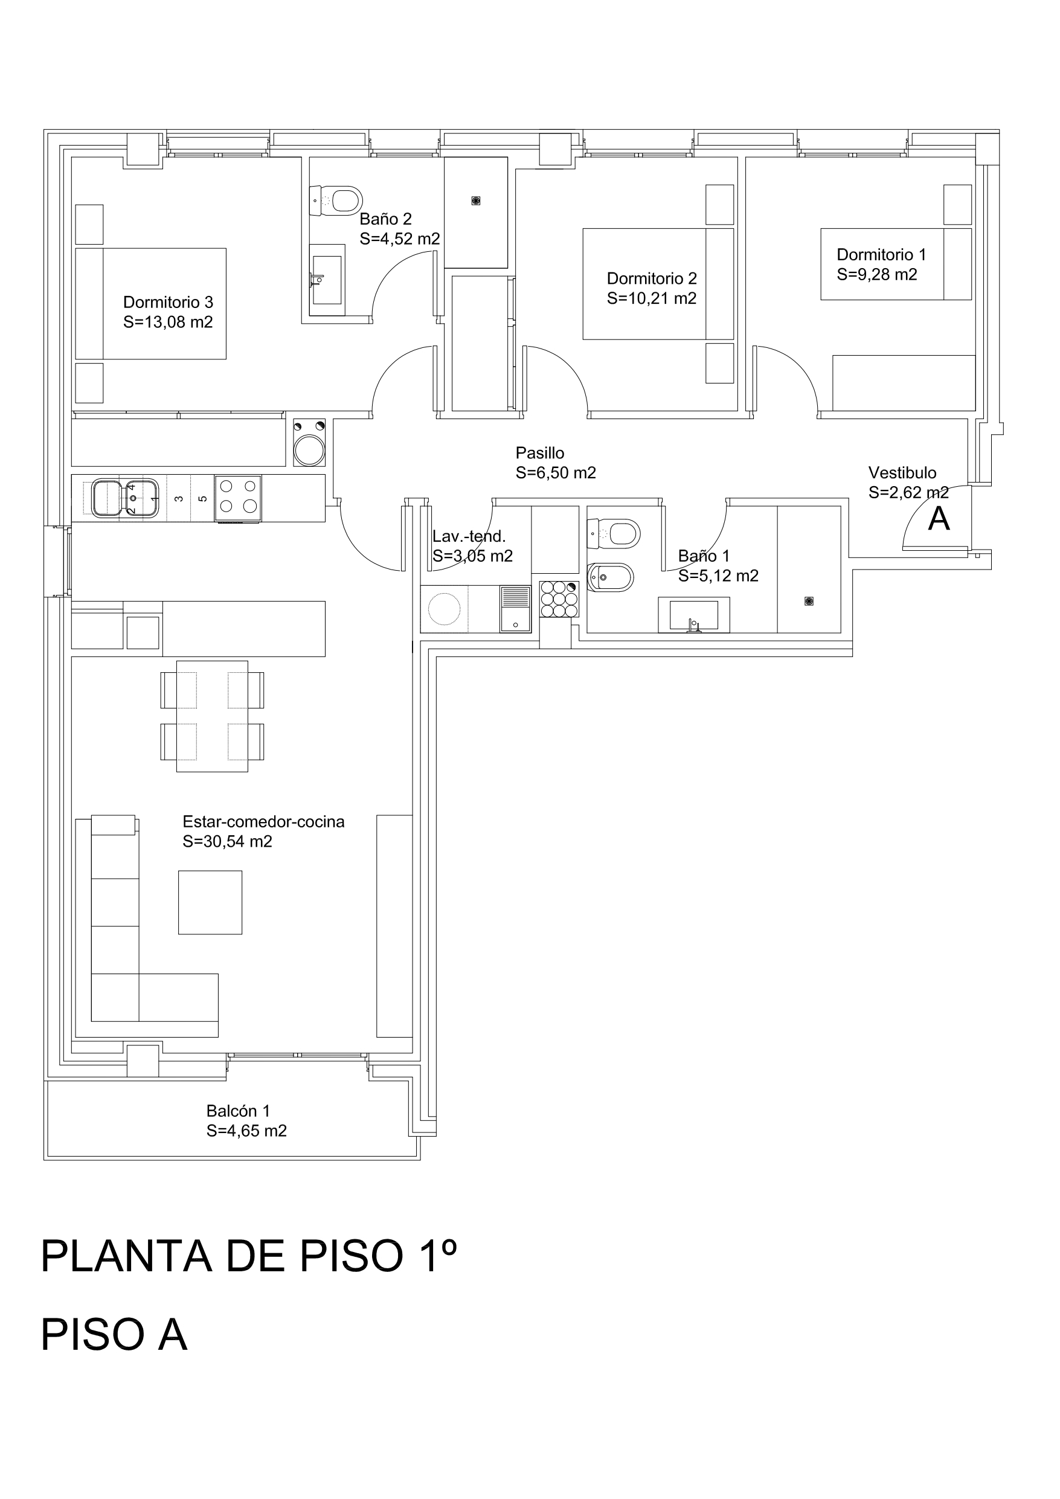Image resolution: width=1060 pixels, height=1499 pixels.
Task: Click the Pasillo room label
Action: coord(539,452)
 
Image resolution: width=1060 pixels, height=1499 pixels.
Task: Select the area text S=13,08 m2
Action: coord(168,322)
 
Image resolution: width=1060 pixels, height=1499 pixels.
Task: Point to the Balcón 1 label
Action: coord(238,1111)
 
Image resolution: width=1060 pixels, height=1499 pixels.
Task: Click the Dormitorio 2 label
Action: coord(652,278)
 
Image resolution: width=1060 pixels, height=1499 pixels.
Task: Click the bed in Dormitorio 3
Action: coord(151,304)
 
